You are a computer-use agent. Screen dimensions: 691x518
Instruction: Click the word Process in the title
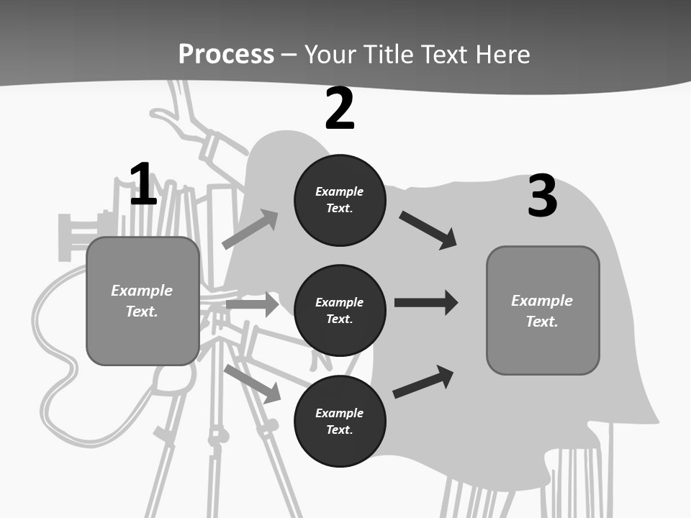point(226,54)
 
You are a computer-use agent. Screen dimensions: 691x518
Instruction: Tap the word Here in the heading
point(502,54)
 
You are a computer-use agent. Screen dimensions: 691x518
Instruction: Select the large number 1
point(144,183)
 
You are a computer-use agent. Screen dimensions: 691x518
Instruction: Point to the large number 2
point(339,109)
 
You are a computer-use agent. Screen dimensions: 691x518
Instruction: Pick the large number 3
point(543,196)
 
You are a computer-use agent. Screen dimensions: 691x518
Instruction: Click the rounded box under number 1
point(143,301)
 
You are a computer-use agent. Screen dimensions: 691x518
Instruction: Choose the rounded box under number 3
point(543,311)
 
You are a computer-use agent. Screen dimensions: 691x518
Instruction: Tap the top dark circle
point(340,200)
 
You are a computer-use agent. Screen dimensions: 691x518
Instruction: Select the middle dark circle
point(340,311)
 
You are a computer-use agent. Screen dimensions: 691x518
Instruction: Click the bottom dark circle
point(340,422)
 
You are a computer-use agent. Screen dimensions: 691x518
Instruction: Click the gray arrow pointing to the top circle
point(250,229)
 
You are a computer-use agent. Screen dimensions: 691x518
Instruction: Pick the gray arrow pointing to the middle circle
point(253,304)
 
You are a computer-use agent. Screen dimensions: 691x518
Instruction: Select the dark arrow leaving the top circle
point(428,230)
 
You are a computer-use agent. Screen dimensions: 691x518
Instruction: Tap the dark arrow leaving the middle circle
point(426,303)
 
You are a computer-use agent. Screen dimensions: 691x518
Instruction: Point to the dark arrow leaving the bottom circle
point(423,382)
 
